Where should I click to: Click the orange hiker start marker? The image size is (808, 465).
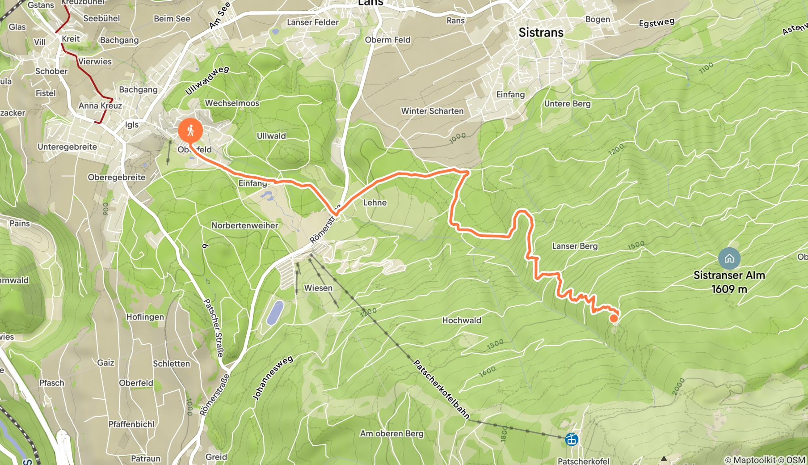[x=190, y=131]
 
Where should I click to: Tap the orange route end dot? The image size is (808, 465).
[x=614, y=318]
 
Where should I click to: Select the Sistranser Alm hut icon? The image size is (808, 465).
[x=729, y=258]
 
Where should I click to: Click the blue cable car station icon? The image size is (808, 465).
[x=572, y=440]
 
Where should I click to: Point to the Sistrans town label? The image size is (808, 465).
[x=541, y=33]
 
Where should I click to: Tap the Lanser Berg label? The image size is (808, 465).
[x=575, y=246]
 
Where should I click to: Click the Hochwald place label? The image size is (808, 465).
[x=462, y=320]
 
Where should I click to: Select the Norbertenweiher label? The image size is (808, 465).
[x=245, y=225]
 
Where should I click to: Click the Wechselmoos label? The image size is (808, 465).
[x=232, y=103]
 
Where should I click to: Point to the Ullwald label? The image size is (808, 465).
[x=271, y=136]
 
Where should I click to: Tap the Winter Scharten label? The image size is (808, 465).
[x=432, y=111]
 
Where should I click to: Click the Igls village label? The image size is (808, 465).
[x=132, y=125]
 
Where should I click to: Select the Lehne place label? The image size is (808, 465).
[x=375, y=203]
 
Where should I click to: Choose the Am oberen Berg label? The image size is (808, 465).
[x=391, y=433]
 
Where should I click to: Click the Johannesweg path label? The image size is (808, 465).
[x=273, y=378]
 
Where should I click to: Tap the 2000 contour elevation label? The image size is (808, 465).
[x=678, y=386]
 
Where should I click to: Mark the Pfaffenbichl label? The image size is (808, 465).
[x=131, y=424]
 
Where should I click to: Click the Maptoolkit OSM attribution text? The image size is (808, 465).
[x=765, y=460]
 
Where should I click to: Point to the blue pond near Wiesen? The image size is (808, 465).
[x=275, y=313]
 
